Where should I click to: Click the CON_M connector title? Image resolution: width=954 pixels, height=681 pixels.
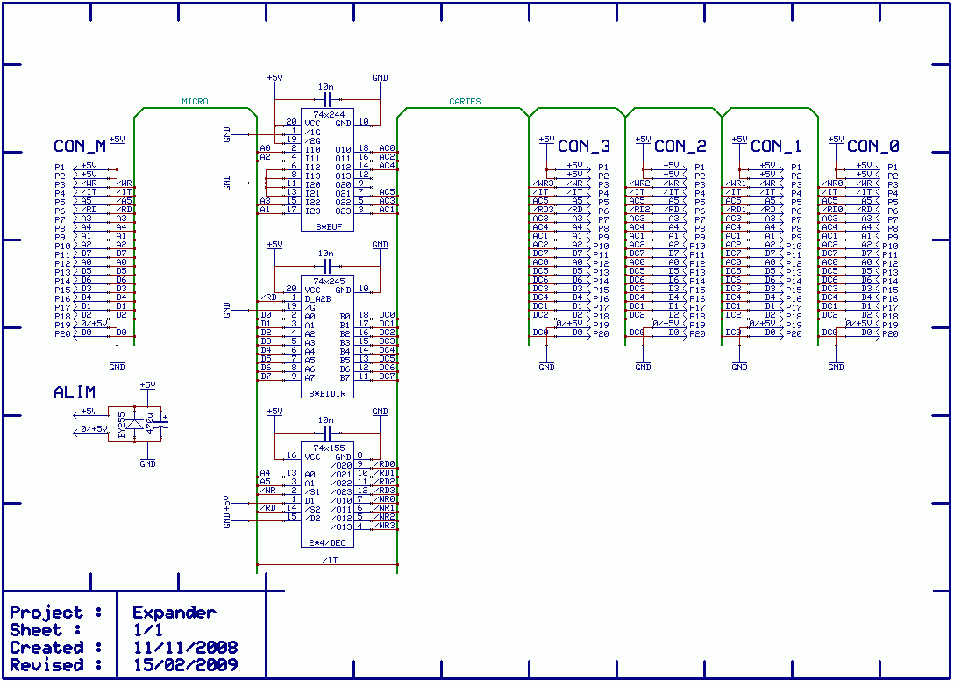pyautogui.click(x=80, y=147)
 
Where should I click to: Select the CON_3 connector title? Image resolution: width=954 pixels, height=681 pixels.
pyautogui.click(x=583, y=146)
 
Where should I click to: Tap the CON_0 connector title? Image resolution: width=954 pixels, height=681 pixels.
pyautogui.click(x=872, y=146)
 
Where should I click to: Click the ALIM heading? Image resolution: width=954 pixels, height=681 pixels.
pyautogui.click(x=75, y=392)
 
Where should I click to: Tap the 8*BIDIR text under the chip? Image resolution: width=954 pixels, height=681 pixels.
pyautogui.click(x=327, y=394)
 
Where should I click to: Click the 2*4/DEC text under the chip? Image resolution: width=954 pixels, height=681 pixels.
pyautogui.click(x=327, y=543)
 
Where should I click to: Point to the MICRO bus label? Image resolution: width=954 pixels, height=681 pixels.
pyautogui.click(x=195, y=102)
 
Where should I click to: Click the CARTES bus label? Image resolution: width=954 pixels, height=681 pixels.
pyautogui.click(x=465, y=102)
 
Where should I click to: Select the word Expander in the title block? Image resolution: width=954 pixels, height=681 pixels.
pyautogui.click(x=174, y=613)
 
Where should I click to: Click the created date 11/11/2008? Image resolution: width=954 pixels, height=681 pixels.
pyautogui.click(x=184, y=648)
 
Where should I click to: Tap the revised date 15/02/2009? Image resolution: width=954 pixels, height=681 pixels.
pyautogui.click(x=184, y=665)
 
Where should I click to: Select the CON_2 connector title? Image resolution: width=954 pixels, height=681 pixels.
pyautogui.click(x=680, y=146)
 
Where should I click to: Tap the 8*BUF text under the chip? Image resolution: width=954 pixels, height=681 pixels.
pyautogui.click(x=327, y=227)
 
